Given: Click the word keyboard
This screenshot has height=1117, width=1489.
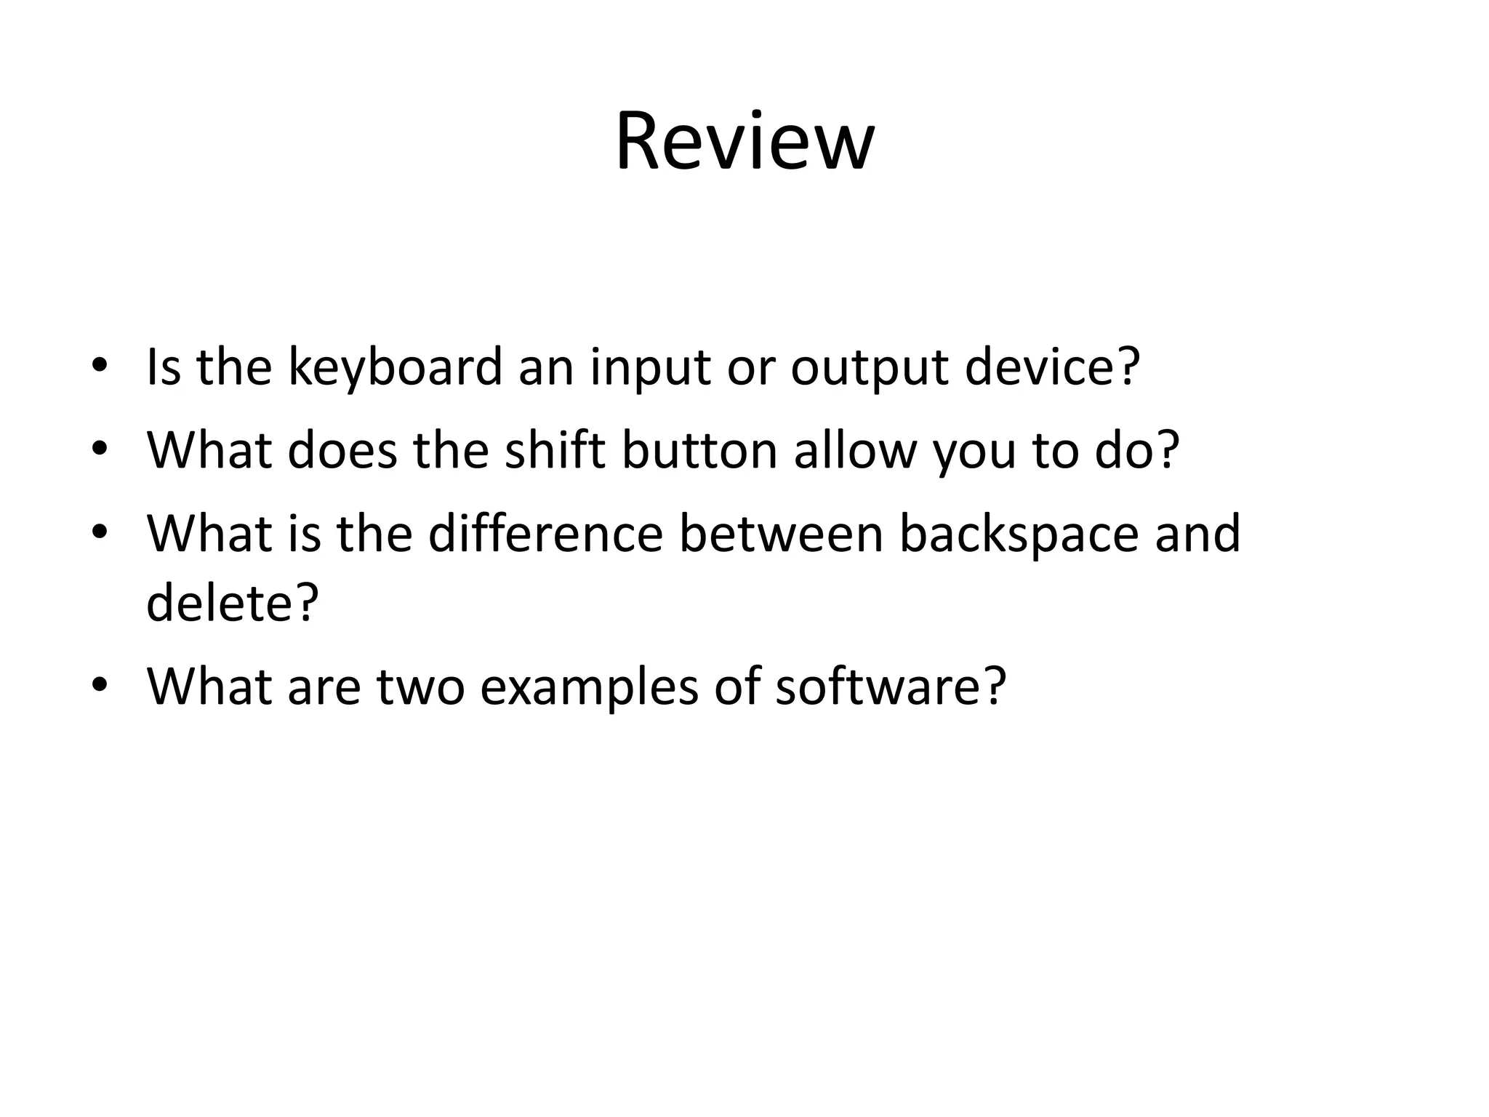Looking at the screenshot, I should pos(396,368).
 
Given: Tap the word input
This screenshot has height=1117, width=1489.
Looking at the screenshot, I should pos(649,368).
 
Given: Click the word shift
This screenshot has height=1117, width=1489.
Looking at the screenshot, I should pos(555,450).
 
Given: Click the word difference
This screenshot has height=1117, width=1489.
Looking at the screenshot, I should pos(545,534).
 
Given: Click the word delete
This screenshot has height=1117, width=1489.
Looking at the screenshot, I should pos(222,603).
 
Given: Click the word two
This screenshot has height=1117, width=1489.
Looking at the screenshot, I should pos(420,686).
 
